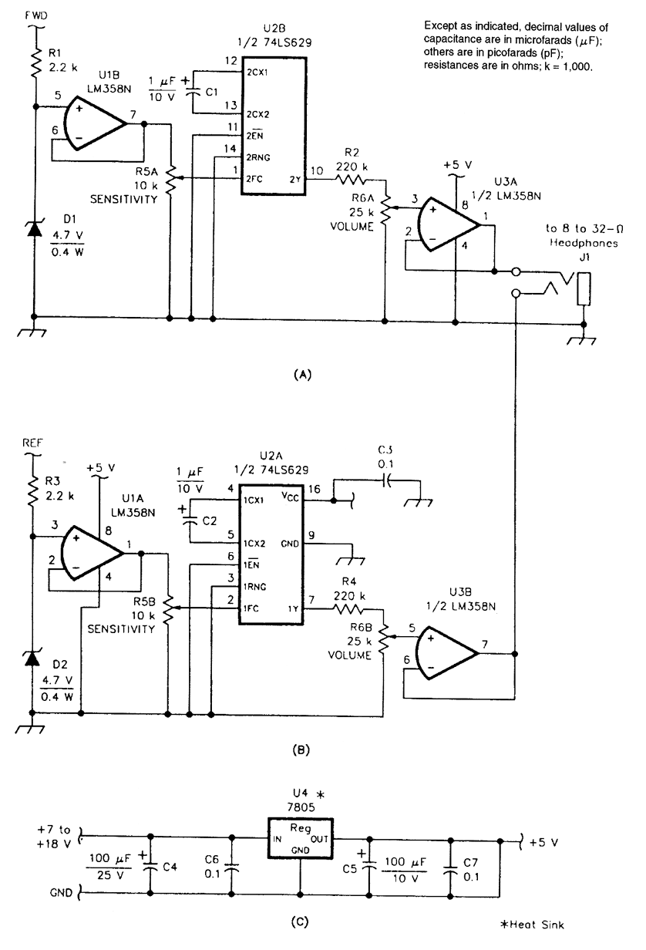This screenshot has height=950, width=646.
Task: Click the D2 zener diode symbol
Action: [33, 658]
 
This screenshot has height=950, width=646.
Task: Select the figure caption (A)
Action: [301, 375]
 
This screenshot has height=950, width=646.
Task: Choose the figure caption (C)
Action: [301, 919]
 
